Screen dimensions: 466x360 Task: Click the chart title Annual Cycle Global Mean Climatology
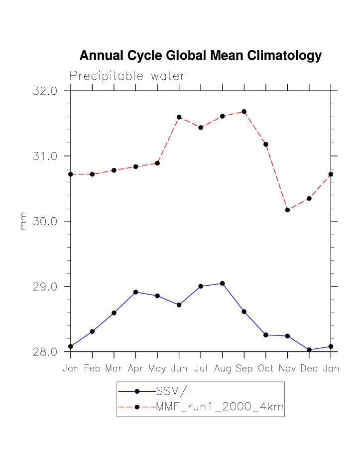point(201,55)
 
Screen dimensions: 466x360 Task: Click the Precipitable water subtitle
point(127,76)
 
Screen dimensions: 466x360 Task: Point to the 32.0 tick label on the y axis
point(45,91)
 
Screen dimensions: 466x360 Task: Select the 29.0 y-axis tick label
point(45,287)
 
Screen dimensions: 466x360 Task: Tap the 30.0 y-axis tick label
point(45,221)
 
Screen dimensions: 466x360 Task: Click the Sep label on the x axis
point(244,369)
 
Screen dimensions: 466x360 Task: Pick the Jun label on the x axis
point(179,369)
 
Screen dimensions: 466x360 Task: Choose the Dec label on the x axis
point(309,369)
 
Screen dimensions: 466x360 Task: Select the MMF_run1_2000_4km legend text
point(220,407)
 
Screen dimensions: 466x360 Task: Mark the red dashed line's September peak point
point(244,112)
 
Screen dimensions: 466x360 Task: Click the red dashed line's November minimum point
point(287,210)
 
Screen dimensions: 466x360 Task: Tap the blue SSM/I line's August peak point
point(223,284)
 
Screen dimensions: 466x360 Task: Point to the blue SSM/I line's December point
point(309,350)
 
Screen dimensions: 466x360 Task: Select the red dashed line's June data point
point(179,117)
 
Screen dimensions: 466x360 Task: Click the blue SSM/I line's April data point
point(135,292)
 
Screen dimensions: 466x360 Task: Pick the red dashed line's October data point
point(266,145)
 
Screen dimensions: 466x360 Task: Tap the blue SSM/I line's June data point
point(179,305)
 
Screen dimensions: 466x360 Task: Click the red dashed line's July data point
point(201,128)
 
